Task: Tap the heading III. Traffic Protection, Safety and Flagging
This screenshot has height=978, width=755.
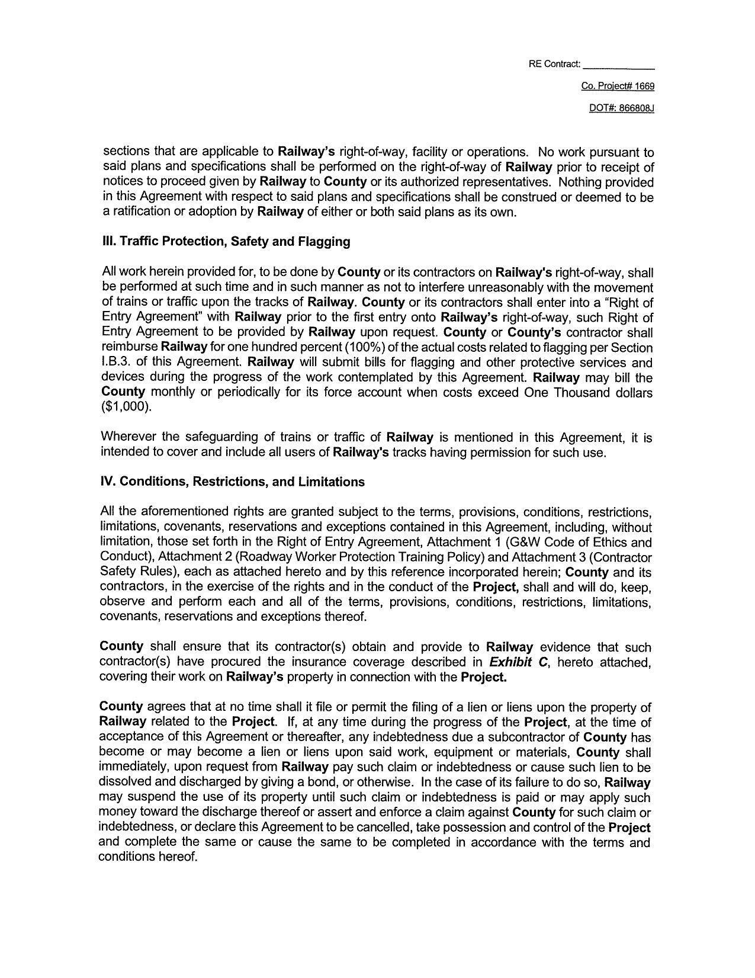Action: [226, 242]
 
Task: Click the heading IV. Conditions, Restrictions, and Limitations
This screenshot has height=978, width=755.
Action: [233, 482]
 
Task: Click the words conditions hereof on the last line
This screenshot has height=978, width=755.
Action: [147, 857]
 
